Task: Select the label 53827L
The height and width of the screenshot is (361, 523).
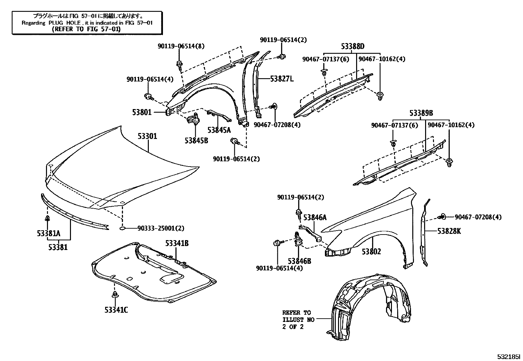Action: pos(282,79)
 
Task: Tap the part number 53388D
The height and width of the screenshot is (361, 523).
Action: pos(352,47)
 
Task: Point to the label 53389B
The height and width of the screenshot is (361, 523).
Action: pos(421,113)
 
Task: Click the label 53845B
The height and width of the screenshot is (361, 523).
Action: pos(196,140)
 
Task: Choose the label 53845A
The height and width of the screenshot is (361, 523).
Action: pos(219,130)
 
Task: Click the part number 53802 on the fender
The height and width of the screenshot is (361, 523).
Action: pos(371,252)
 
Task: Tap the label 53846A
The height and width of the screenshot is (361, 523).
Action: pos(315,217)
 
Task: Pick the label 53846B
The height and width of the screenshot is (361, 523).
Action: pos(299,261)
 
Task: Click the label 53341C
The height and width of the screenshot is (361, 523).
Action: pos(116,309)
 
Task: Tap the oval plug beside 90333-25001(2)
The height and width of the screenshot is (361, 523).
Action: pos(122,228)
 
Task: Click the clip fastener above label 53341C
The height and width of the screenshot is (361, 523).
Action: pos(115,294)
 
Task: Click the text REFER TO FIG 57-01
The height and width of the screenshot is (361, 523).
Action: pos(86,29)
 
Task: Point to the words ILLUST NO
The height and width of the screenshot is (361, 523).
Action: pos(298,319)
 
